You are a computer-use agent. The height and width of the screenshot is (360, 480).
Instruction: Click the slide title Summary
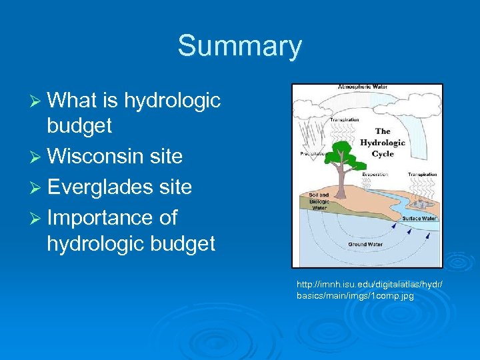click(239, 47)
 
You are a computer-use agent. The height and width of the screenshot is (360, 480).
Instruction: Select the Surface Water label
click(419, 218)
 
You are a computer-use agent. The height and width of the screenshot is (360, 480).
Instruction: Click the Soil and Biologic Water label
click(319, 201)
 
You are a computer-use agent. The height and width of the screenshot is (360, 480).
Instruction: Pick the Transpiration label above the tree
click(344, 120)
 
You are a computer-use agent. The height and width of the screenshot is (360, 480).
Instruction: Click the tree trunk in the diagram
click(340, 177)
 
